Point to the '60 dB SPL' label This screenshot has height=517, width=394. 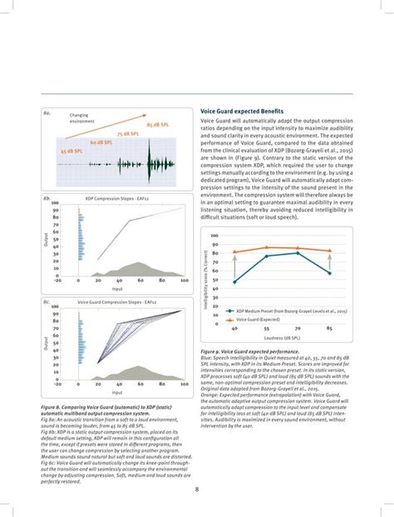(x=103, y=142)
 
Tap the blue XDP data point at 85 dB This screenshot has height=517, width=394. (x=331, y=273)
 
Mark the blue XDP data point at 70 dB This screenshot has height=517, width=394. (x=298, y=253)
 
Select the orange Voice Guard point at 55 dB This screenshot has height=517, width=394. (x=267, y=247)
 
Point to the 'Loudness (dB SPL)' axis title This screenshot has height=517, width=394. (x=283, y=340)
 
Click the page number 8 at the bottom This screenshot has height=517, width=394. (x=196, y=490)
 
